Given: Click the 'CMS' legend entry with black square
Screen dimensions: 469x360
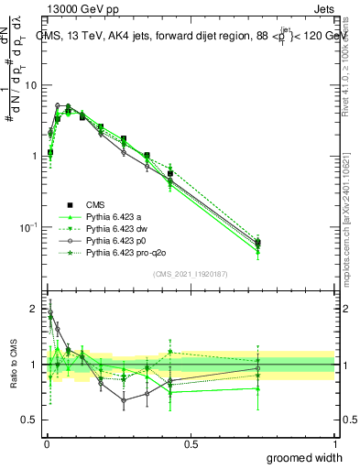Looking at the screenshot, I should [95, 204].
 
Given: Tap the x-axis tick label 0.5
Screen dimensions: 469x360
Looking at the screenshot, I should [190, 443].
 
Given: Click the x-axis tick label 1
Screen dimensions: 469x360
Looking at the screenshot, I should [333, 443].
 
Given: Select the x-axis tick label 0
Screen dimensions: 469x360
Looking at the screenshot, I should [46, 443].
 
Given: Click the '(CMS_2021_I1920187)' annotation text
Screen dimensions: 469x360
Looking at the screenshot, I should [190, 274].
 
